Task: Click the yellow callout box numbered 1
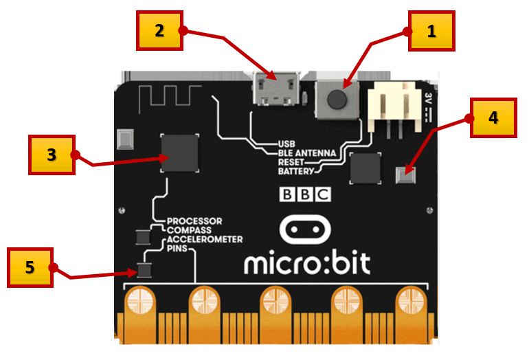tap(431, 31)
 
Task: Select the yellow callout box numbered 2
tap(159, 31)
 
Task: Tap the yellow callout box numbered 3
tap(52, 155)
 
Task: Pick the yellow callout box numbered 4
tap(493, 117)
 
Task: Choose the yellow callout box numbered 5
tap(30, 267)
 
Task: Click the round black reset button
tap(337, 99)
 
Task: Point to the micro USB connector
tap(276, 89)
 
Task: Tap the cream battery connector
tap(395, 106)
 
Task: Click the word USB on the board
tap(286, 144)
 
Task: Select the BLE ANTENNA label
tap(307, 153)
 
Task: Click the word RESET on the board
tap(291, 162)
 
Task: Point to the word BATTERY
tap(296, 171)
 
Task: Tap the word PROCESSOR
tap(194, 221)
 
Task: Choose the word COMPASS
tap(189, 230)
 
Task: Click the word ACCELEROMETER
tap(205, 240)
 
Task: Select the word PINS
tap(177, 249)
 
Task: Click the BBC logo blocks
tap(305, 194)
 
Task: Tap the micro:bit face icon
tap(305, 229)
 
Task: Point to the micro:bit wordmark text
tap(307, 263)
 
